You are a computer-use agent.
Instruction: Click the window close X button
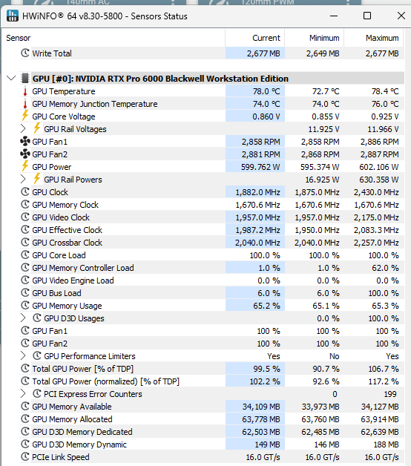[401, 16]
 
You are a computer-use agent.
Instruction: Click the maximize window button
[367, 16]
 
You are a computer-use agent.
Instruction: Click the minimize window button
[334, 16]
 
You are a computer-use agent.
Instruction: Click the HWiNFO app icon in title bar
[12, 16]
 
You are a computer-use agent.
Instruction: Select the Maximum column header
[382, 38]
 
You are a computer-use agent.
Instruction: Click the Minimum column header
[324, 38]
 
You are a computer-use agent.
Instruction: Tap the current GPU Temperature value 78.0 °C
[266, 91]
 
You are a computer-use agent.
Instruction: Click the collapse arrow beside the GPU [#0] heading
[11, 79]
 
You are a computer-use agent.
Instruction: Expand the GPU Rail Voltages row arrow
[23, 128]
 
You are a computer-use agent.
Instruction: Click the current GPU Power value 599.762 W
[260, 167]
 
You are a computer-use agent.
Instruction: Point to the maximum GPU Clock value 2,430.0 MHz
[376, 192]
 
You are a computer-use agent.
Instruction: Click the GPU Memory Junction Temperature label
[95, 104]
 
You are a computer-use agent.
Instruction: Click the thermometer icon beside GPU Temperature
[25, 91]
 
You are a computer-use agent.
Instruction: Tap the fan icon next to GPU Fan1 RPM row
[25, 142]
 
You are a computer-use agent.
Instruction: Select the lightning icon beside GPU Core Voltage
[25, 116]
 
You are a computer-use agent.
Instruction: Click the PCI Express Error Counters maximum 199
[390, 394]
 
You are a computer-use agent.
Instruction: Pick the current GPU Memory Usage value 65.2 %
[266, 306]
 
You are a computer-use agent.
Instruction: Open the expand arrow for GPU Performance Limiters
[23, 355]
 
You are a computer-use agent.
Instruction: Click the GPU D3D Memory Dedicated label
[82, 432]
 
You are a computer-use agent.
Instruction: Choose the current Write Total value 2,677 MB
[263, 53]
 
